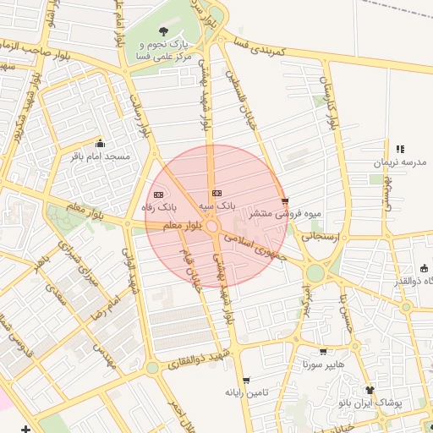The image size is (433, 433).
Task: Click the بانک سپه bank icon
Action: click(x=216, y=193)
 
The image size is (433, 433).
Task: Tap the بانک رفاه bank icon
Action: click(x=158, y=195)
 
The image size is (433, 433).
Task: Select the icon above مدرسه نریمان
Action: click(x=400, y=149)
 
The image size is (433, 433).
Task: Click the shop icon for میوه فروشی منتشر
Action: click(x=285, y=201)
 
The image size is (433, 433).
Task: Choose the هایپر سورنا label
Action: click(x=323, y=365)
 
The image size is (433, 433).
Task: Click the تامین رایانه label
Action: click(x=246, y=393)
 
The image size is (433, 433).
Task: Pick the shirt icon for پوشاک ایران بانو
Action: click(x=369, y=390)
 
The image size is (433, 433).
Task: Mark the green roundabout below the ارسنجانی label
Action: click(x=315, y=273)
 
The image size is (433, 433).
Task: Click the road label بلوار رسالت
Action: click(x=138, y=119)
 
